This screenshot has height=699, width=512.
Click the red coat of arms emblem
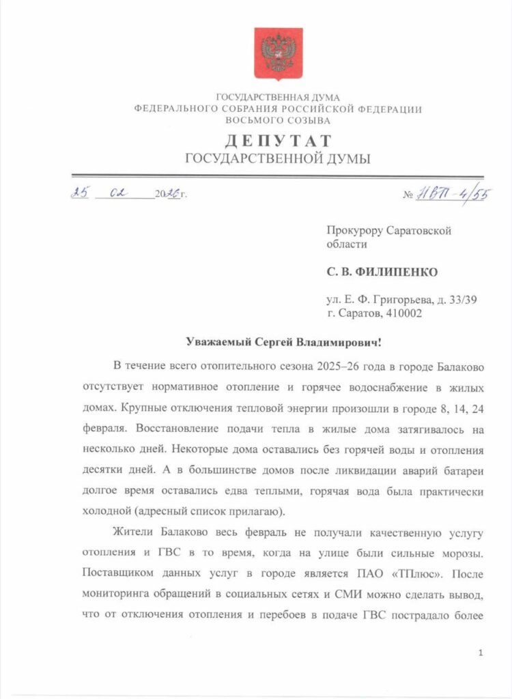coord(278,54)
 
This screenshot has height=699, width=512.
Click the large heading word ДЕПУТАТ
coord(278,141)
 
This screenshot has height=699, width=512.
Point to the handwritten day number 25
coord(81,193)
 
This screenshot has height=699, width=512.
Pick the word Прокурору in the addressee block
coord(354,231)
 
